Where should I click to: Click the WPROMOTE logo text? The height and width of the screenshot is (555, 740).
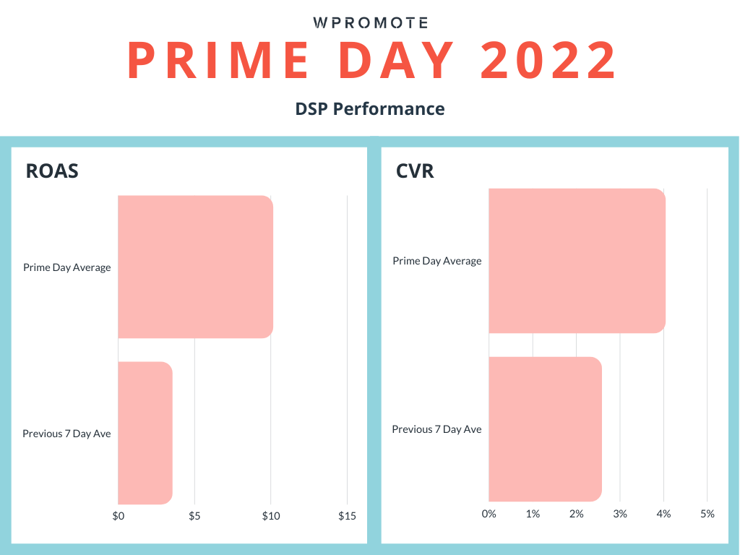[370, 23]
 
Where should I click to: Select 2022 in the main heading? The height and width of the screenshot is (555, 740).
[548, 61]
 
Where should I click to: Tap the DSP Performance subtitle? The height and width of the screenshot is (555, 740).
[370, 109]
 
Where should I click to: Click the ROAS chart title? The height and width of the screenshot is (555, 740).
[52, 171]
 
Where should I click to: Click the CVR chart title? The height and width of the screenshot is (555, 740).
[416, 171]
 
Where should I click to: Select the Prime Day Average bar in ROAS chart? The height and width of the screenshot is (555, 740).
[195, 266]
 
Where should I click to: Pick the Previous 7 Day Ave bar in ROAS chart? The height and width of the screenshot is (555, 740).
[145, 433]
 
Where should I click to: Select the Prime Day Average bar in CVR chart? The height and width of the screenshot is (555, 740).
[576, 260]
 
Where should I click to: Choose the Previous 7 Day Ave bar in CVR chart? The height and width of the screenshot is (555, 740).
[544, 429]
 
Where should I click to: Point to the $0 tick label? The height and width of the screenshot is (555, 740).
[119, 516]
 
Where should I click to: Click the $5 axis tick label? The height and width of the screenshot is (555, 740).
[194, 516]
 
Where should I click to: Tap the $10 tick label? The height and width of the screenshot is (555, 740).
[271, 516]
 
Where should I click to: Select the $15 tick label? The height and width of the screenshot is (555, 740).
[347, 516]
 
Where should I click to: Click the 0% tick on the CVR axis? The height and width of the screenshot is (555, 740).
[489, 514]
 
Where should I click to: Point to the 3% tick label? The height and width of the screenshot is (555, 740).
[620, 514]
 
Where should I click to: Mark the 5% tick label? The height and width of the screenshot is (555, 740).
[707, 514]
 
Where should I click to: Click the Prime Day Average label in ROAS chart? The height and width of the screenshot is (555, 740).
[67, 267]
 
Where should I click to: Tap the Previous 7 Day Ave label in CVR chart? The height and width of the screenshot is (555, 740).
[436, 429]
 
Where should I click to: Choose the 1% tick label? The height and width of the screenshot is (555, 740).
[533, 514]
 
